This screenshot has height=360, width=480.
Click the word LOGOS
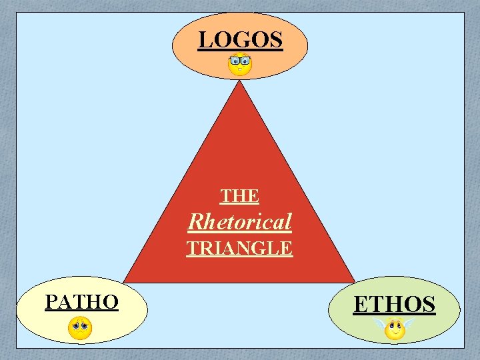pos(240,40)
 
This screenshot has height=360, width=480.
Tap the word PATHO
pos(81,302)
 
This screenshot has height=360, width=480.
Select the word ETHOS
pos(394,304)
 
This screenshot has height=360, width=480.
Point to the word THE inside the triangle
pos(240,196)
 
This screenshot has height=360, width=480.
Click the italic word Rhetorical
pos(240,221)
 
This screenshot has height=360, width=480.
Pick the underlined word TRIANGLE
pos(239,248)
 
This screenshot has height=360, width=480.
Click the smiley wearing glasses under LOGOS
pos(240,65)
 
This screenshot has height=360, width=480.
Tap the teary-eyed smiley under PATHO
pos(80,328)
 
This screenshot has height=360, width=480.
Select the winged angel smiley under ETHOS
pos(395,329)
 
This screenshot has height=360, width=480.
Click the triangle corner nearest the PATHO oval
pos(125,282)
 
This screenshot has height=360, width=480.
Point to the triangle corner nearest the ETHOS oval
pos(353,282)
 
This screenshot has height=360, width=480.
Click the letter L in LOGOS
pos(204,40)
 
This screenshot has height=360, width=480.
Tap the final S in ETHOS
pos(427,304)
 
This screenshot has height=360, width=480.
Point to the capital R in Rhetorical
pos(195,221)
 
